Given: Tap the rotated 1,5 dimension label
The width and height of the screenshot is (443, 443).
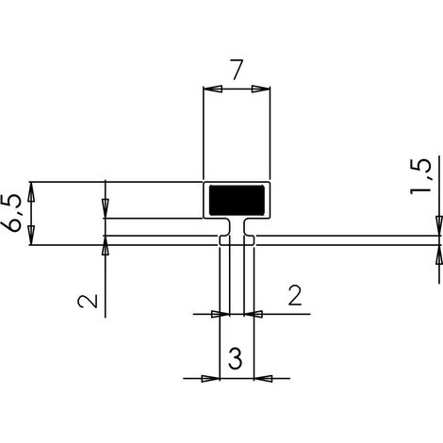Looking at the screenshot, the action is [x=419, y=176].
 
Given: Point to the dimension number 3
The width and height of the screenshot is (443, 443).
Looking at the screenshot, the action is [x=236, y=358].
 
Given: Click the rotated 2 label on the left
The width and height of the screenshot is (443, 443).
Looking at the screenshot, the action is [x=88, y=301].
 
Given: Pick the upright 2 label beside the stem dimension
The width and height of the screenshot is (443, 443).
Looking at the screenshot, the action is [x=295, y=295].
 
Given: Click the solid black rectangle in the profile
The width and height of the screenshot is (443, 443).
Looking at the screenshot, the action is [x=237, y=200].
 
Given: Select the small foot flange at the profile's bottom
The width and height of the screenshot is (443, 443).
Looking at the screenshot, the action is [x=237, y=240].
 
